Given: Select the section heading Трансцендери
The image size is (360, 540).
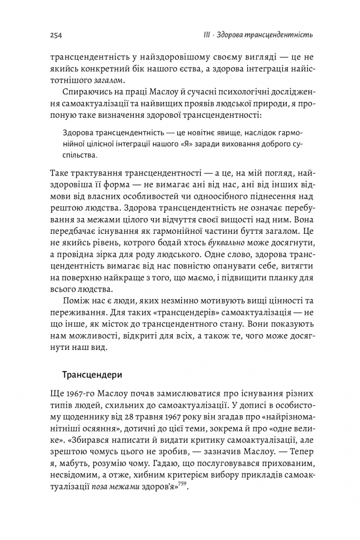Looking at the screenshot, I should point(92,374).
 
